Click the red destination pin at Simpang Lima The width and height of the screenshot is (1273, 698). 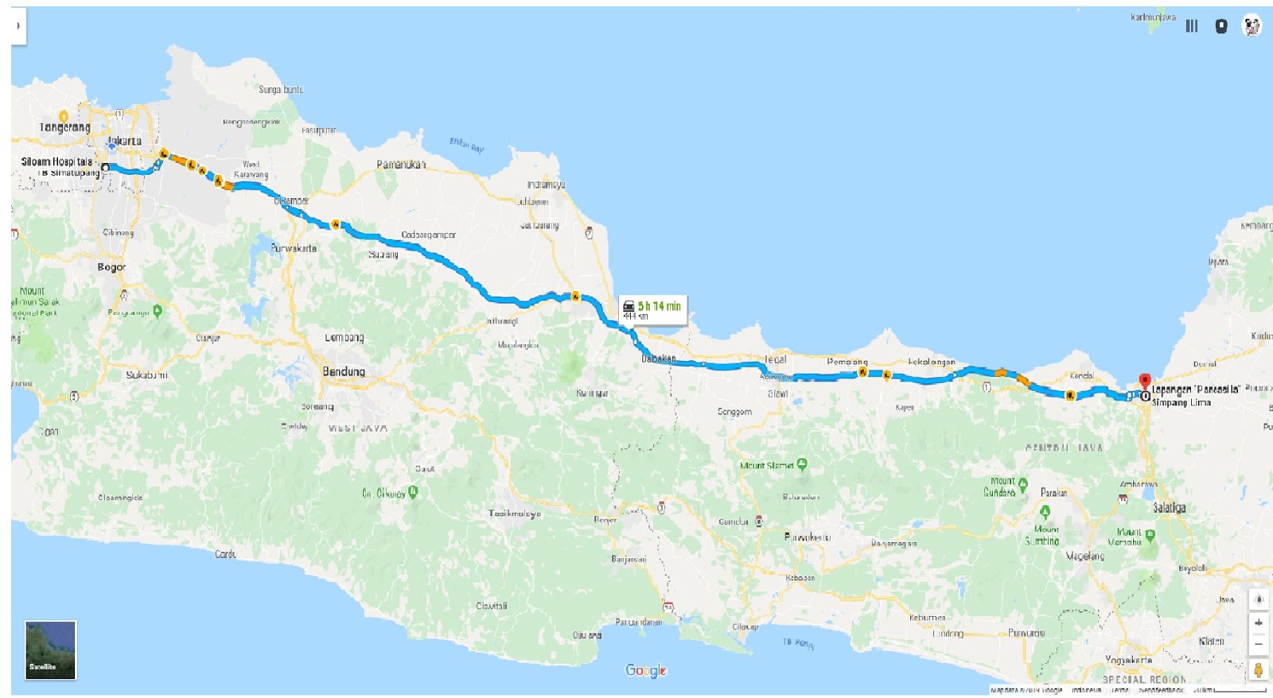(1145, 382)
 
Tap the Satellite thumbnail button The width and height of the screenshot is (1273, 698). (50, 650)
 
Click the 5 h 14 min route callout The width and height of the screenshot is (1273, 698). (652, 309)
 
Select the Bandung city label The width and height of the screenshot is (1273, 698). (344, 371)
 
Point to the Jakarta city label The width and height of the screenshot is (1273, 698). (125, 141)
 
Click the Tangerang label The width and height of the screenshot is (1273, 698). (65, 127)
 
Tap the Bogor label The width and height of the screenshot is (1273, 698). (111, 267)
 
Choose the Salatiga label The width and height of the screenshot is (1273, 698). (1169, 507)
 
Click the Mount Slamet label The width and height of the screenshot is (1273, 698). (768, 466)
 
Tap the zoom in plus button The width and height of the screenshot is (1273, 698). (1258, 622)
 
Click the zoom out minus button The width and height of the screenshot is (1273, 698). (1258, 643)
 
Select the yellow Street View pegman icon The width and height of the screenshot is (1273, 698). (1258, 670)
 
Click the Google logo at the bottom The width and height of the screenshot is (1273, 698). (645, 670)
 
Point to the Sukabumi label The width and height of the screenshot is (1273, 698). (146, 374)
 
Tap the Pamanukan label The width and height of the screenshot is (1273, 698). (401, 165)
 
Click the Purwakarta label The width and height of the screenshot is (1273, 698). (294, 248)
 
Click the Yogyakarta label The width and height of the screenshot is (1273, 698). (1128, 660)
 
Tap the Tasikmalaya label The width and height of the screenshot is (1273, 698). (515, 514)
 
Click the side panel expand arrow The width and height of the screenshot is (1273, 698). (18, 25)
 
